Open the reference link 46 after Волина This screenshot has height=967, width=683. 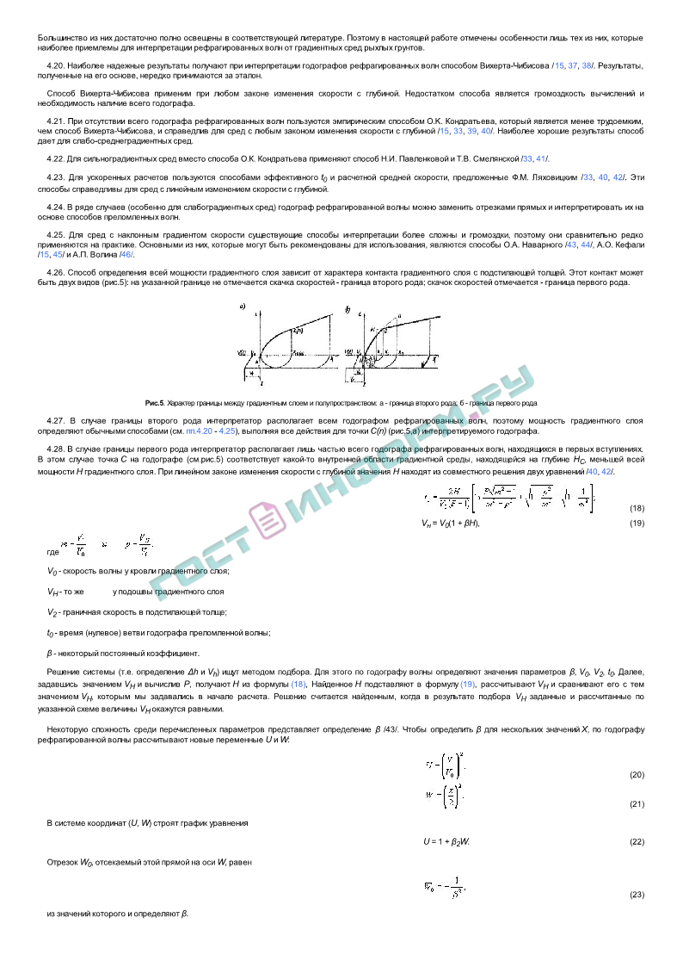tap(126, 255)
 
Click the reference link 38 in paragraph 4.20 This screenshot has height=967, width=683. tap(588, 65)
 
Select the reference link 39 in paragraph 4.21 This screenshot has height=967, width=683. tap(472, 131)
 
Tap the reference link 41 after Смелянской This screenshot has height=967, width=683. tap(541, 159)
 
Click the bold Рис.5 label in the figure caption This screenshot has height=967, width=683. tap(155, 403)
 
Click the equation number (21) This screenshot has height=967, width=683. tap(637, 804)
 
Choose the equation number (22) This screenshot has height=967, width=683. tap(637, 841)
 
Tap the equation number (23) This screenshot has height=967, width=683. tap(637, 896)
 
